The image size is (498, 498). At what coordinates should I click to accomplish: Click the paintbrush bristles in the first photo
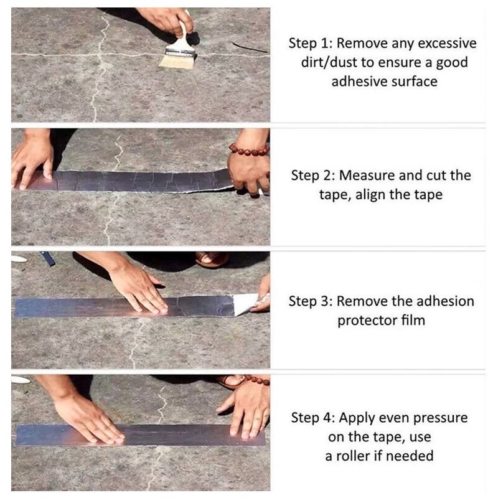[x=177, y=62]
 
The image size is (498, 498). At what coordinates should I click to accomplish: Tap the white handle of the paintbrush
[x=182, y=35]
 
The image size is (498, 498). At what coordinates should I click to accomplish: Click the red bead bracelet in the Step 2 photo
[x=249, y=150]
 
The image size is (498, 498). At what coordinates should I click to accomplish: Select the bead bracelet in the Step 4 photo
[x=256, y=380]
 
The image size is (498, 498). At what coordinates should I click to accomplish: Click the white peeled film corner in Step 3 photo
[x=245, y=303]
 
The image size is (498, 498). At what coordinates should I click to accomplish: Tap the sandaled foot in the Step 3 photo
[x=212, y=259]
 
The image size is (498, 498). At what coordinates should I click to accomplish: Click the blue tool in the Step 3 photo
[x=48, y=258]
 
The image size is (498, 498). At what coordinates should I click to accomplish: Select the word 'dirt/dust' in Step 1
[x=329, y=62]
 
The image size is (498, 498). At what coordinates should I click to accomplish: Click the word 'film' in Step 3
[x=413, y=320]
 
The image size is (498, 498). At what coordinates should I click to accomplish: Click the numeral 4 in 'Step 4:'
[x=327, y=418]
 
